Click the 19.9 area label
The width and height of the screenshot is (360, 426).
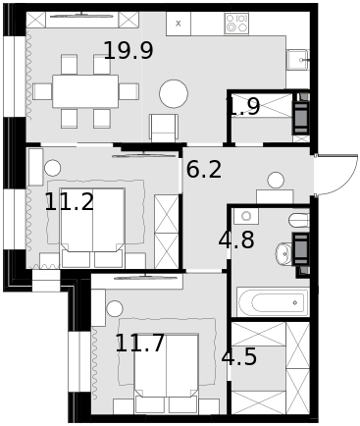click(x=129, y=51)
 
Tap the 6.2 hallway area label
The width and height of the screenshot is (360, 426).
click(x=204, y=170)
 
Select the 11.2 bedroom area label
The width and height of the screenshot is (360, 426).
click(x=70, y=201)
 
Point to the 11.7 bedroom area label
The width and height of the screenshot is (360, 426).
click(x=139, y=343)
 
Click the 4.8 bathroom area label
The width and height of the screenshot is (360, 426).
click(x=236, y=240)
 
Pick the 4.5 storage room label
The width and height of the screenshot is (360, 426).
click(x=239, y=356)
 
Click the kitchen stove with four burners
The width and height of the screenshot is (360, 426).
click(x=236, y=24)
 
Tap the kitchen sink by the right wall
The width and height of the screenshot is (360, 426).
click(x=297, y=60)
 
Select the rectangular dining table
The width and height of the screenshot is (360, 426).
click(x=85, y=91)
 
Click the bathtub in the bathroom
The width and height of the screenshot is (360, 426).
click(x=273, y=302)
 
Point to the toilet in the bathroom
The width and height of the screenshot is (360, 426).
click(x=299, y=220)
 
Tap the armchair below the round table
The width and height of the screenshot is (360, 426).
click(x=164, y=128)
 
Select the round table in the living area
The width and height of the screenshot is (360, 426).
click(x=174, y=93)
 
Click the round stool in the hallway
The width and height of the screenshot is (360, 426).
click(x=276, y=181)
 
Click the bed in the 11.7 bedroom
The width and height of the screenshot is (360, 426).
click(x=166, y=373)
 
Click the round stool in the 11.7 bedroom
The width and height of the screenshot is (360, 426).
click(x=115, y=308)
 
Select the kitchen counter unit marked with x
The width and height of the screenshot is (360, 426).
click(x=179, y=24)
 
